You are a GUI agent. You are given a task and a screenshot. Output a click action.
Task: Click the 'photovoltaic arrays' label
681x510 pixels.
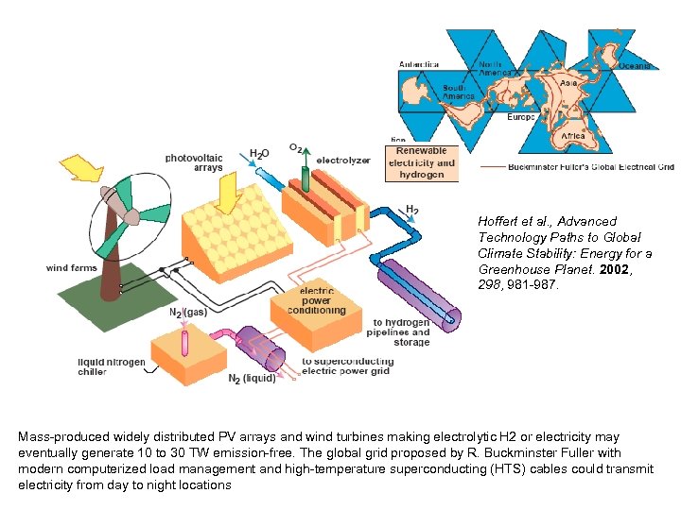(194, 162)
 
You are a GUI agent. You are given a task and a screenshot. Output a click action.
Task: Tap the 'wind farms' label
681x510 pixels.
(72, 268)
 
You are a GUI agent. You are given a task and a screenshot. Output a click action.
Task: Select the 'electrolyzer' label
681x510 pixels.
(343, 161)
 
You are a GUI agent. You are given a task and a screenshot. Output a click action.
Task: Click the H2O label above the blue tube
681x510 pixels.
(259, 152)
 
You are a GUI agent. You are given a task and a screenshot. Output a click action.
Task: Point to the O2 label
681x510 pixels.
(296, 148)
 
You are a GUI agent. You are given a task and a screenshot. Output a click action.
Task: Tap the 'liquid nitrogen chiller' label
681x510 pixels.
(112, 367)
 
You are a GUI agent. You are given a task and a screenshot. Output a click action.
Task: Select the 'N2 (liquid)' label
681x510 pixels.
(253, 379)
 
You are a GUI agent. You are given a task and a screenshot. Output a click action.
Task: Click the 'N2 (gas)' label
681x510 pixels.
(188, 312)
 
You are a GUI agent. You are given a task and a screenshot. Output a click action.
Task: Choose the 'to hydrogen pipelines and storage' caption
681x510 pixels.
(401, 331)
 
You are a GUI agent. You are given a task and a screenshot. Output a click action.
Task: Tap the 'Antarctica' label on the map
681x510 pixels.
(419, 64)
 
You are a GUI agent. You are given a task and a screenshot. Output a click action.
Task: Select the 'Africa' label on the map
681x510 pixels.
(573, 136)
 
